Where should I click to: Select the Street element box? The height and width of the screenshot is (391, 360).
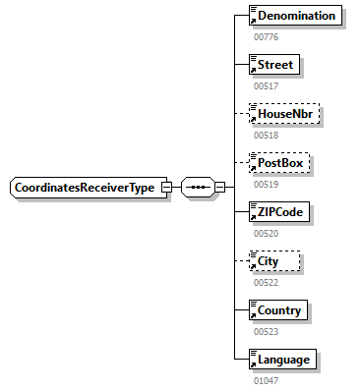[275, 65]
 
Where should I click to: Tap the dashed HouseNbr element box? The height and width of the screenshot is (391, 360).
[284, 114]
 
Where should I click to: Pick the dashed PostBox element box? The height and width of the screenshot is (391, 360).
[279, 163]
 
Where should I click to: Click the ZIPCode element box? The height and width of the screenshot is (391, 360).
[280, 212]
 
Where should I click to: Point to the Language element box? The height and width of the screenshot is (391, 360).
[282, 360]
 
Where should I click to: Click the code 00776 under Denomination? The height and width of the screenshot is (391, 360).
[268, 36]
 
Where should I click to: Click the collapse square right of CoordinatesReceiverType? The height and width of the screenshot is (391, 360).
[166, 188]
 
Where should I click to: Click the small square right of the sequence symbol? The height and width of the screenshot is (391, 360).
[219, 188]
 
